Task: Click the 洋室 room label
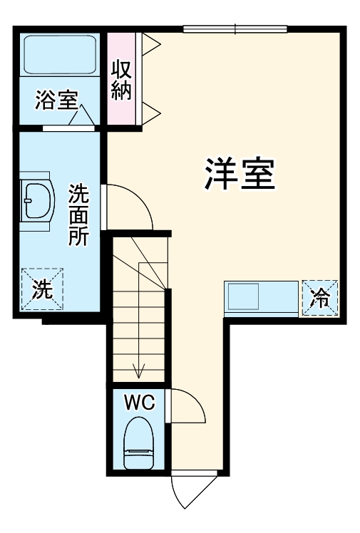(x=240, y=174)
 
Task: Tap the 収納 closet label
(x=120, y=81)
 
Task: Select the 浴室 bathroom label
(x=56, y=100)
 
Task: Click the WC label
(x=140, y=403)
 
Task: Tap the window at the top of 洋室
(x=235, y=29)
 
